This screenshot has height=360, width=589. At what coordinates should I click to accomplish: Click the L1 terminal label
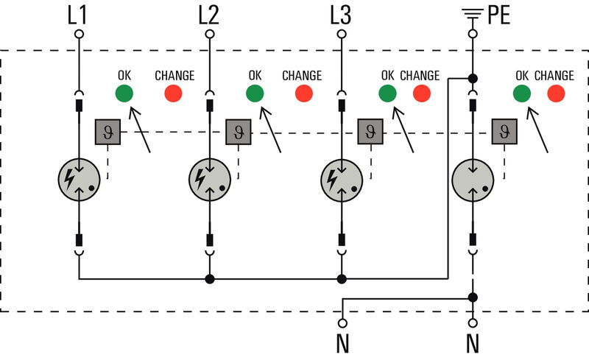(79, 14)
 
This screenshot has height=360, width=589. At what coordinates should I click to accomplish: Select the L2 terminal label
(210, 14)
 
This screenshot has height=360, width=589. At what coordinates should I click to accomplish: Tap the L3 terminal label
(340, 14)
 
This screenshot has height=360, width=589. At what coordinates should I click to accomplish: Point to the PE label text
(498, 14)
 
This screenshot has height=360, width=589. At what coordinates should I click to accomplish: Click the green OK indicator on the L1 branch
(124, 93)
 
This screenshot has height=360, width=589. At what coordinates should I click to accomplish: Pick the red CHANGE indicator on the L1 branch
(173, 93)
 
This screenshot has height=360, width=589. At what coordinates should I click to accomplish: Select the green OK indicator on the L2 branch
(255, 93)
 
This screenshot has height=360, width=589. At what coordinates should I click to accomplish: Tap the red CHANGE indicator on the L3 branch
(421, 93)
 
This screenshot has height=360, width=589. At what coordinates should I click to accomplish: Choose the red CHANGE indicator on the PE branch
(556, 93)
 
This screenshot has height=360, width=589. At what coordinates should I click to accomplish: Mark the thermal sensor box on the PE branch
(504, 133)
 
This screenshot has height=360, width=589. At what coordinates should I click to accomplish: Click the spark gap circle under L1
(79, 180)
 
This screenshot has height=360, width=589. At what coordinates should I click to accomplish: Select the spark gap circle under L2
(210, 180)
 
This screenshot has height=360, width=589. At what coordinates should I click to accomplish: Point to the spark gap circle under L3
(341, 180)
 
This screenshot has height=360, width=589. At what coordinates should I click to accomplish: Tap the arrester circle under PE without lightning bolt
(472, 180)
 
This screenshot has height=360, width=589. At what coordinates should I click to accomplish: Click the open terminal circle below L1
(79, 34)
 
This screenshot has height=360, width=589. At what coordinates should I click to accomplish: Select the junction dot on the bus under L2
(210, 279)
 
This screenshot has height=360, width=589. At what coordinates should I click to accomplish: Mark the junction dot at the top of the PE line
(472, 77)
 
